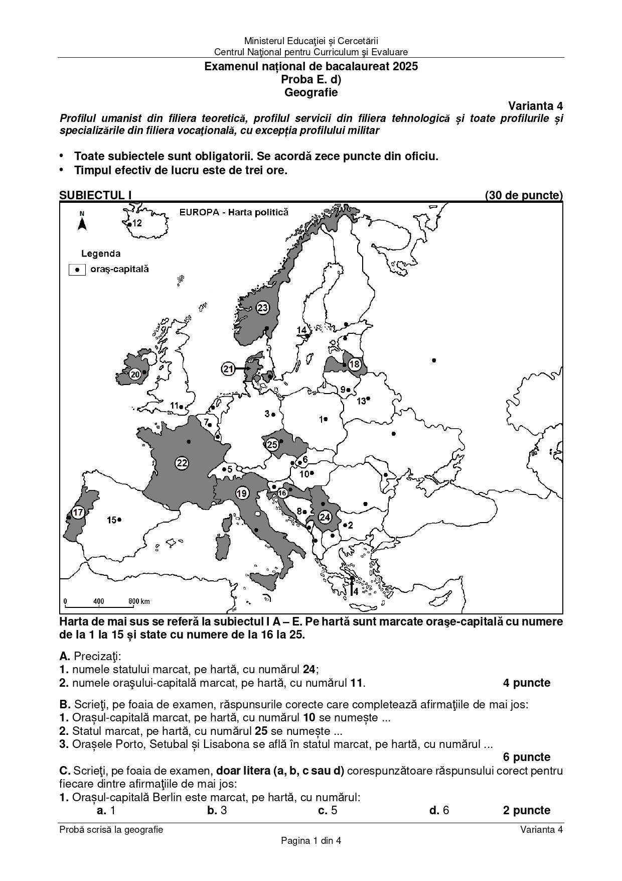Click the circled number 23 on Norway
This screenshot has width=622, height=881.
coord(263,308)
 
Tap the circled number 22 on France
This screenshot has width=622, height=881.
coord(182,463)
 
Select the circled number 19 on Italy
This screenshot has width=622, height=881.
coord(242,493)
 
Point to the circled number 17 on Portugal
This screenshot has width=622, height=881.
coord(78,513)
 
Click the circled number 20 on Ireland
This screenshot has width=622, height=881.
coord(135,374)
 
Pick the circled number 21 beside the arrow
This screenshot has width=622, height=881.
coord(228,369)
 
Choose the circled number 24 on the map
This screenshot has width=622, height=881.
coord(325,517)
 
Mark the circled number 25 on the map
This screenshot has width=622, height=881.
coord(272,444)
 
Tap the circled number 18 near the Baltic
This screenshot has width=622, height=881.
coord(355,364)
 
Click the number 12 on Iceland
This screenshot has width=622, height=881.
coord(137,223)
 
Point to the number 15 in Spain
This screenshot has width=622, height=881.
coord(111,520)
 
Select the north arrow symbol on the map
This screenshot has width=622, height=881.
coord(82,221)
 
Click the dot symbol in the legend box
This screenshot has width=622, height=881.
coord(77,270)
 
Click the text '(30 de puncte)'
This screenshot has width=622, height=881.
coord(524,195)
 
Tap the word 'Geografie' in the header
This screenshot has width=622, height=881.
coord(311,92)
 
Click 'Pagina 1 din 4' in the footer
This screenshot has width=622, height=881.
coord(311,841)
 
